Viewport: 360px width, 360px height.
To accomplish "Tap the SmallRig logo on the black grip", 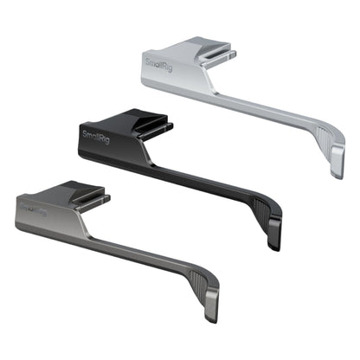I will click(x=95, y=136).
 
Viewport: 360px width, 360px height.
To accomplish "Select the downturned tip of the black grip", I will click(x=274, y=240).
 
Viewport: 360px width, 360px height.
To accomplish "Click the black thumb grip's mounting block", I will click(x=117, y=137).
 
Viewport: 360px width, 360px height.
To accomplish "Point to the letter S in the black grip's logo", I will click(x=85, y=132).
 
